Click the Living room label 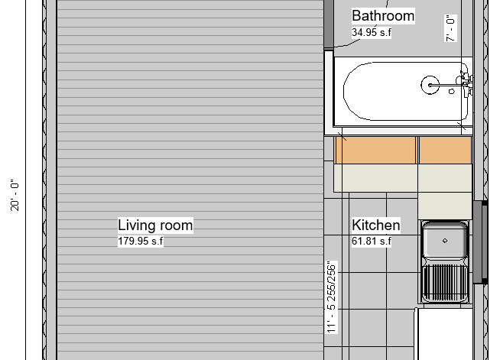click(155, 225)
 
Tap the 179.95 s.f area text click(141, 241)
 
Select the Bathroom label click(383, 16)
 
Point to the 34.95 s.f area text click(372, 32)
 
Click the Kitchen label click(376, 225)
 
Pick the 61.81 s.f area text click(372, 241)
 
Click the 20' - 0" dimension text click(15, 195)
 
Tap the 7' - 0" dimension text click(450, 28)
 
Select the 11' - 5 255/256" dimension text click(332, 297)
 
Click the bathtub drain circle click(430, 85)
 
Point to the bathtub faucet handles click(466, 83)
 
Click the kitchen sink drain click(445, 241)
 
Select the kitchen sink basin click(445, 240)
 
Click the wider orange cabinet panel click(375, 150)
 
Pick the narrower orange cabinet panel click(445, 150)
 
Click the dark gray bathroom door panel click(329, 24)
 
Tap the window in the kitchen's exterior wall click(480, 242)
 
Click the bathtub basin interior click(405, 92)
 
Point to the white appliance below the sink click(445, 334)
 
